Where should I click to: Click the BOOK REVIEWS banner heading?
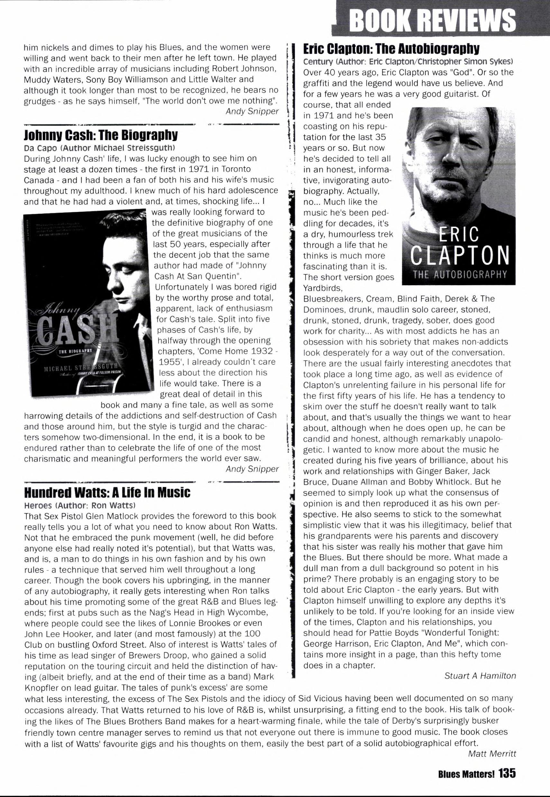point(433,20)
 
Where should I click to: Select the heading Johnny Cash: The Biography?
point(101,134)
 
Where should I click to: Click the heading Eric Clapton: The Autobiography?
point(391,49)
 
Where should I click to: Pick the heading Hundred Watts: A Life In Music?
point(107,493)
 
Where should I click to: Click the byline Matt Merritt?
point(492,754)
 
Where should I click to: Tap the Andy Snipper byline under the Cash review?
point(252,469)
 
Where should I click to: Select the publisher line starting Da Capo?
point(100,148)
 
